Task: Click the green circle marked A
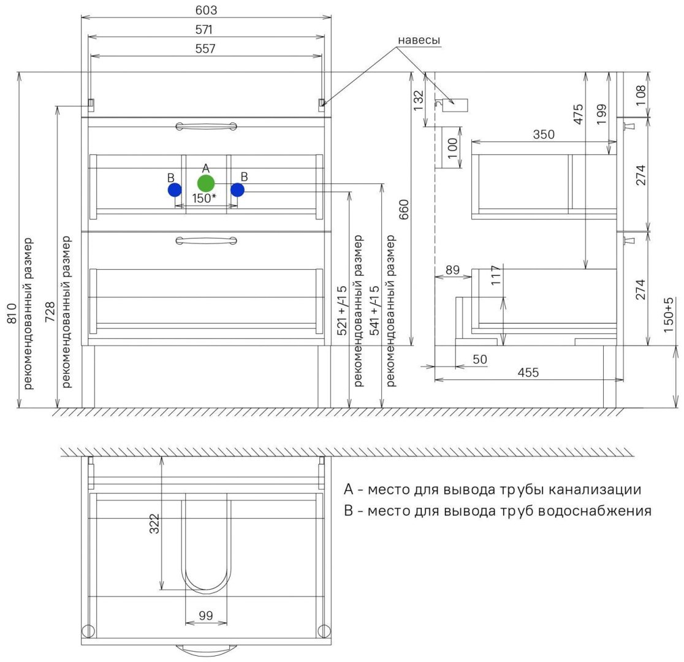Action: click(206, 183)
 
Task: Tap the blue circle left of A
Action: click(175, 190)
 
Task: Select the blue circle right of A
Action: click(238, 190)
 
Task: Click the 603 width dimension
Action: click(206, 10)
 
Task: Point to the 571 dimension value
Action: click(206, 29)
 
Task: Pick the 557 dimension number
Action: click(206, 48)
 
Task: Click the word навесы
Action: click(419, 40)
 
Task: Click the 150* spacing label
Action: click(204, 199)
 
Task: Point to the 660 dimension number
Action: click(404, 210)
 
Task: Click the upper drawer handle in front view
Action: click(206, 126)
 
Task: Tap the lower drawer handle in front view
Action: click(206, 240)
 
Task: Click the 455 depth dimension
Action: click(528, 373)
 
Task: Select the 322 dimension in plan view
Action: click(154, 523)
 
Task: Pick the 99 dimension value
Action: click(206, 615)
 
